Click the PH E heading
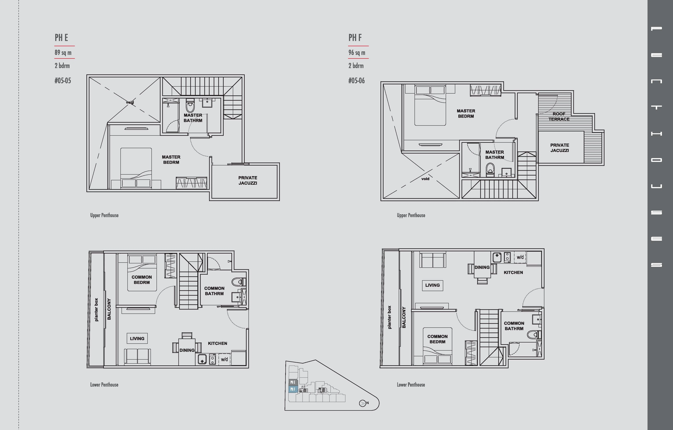[61, 38]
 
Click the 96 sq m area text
[357, 53]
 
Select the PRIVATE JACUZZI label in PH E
[248, 180]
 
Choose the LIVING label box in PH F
[432, 285]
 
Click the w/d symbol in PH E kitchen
[224, 359]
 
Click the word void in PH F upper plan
[425, 179]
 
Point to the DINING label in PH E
[187, 350]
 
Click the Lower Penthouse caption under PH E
[104, 385]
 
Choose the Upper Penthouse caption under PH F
[411, 215]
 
